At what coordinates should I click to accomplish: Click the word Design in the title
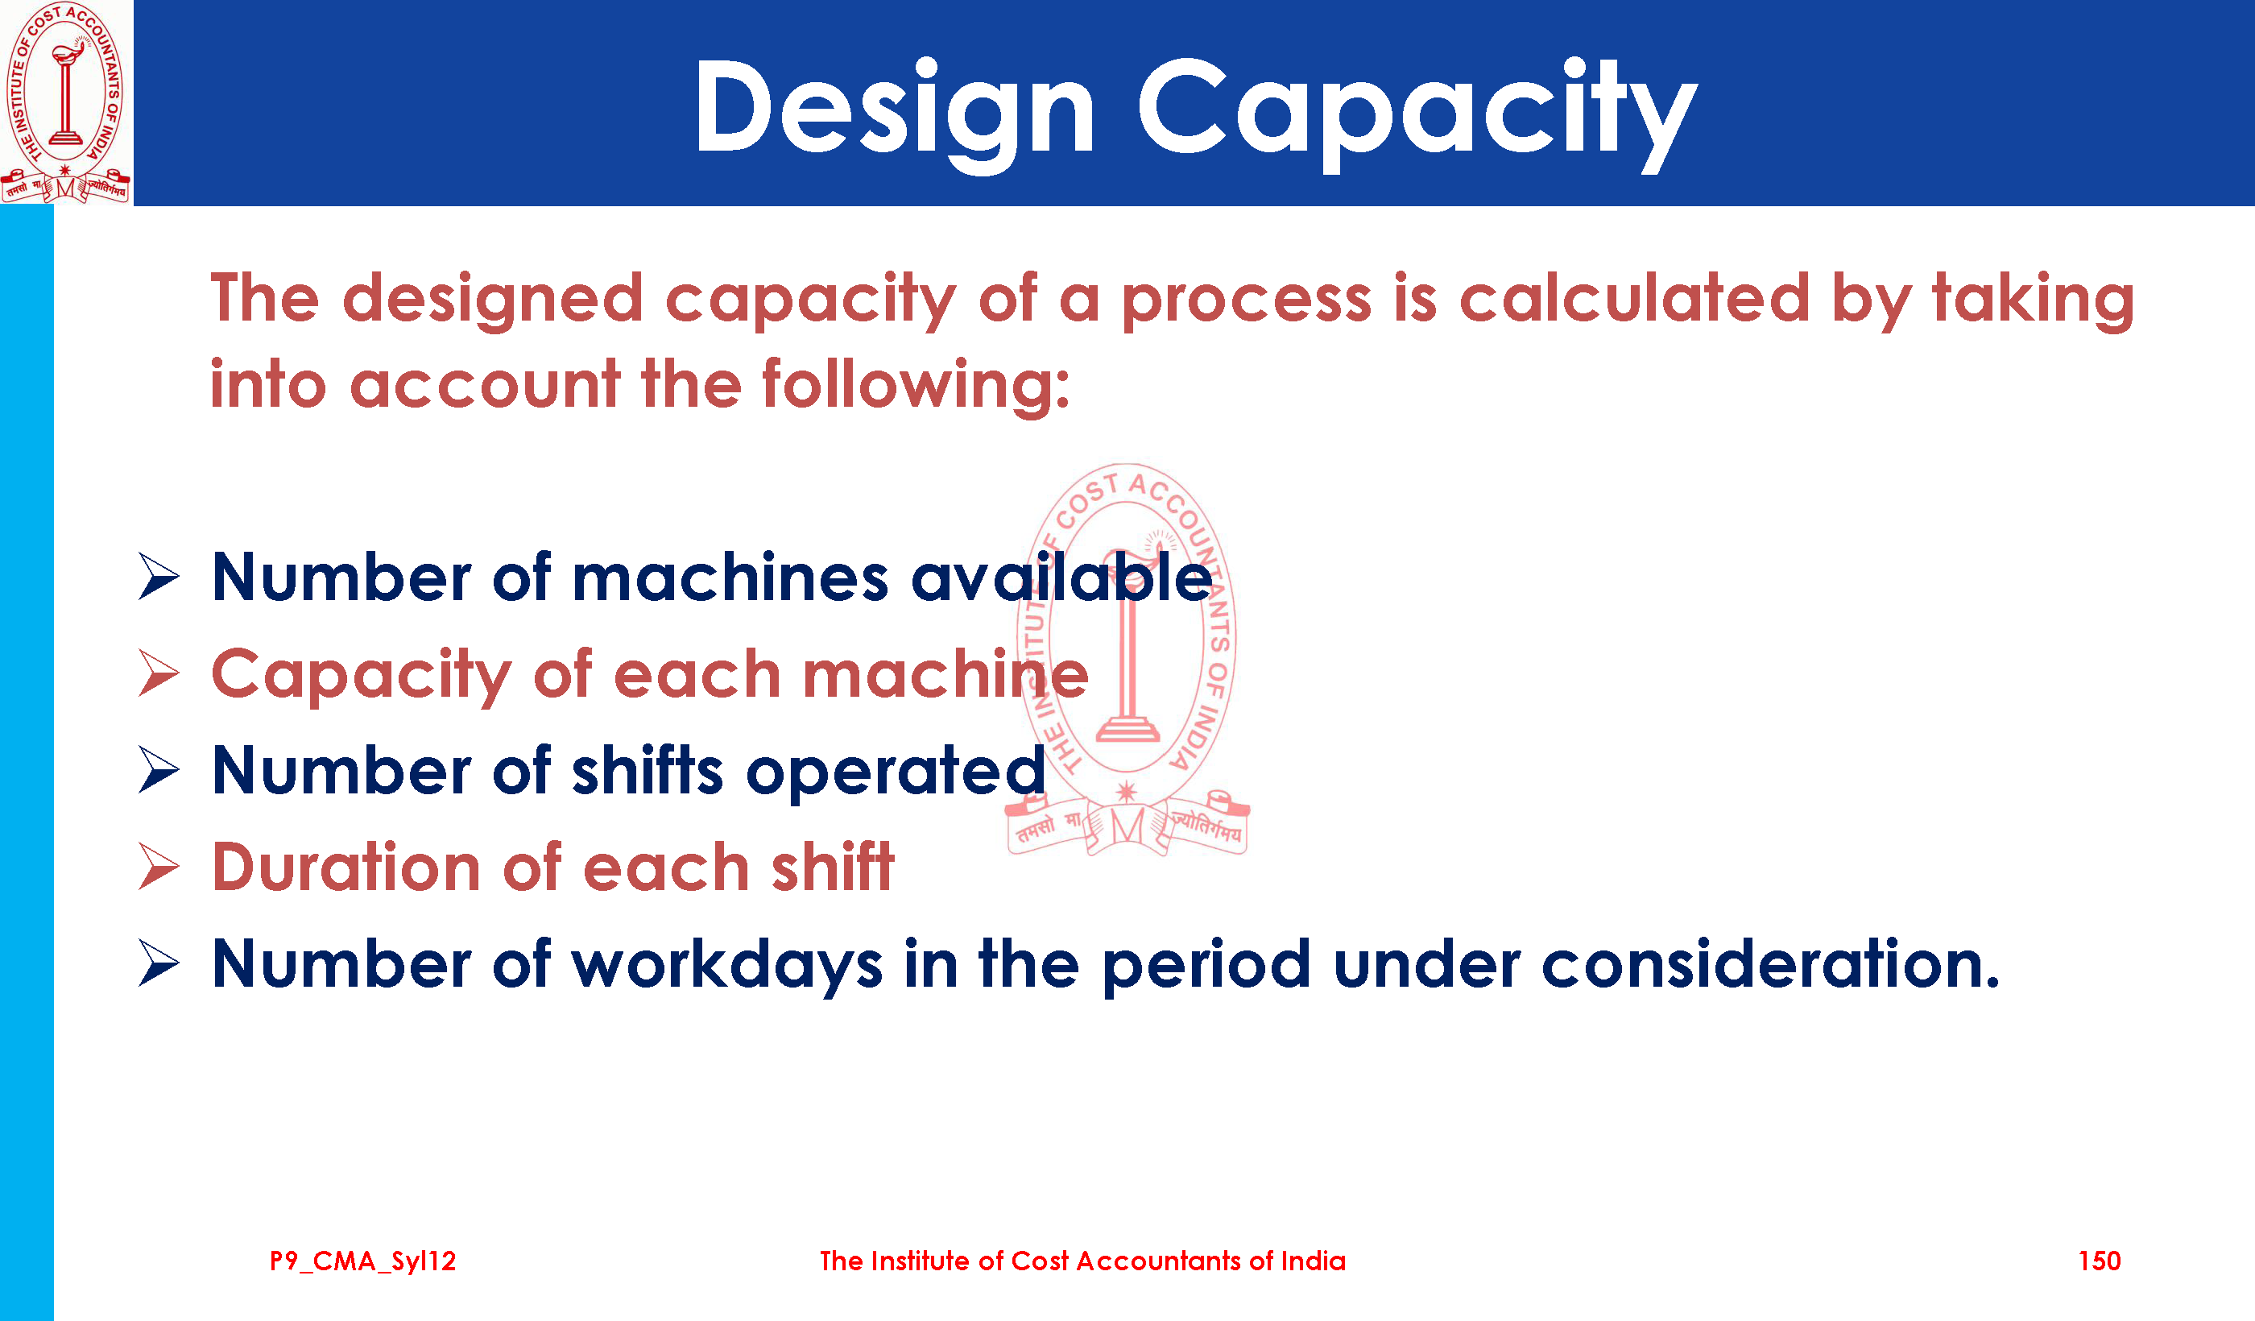click(x=894, y=114)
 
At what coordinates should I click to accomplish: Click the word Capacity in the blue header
click(x=1417, y=114)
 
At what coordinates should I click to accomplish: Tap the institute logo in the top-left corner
click(x=66, y=102)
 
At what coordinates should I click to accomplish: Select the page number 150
click(x=2100, y=1261)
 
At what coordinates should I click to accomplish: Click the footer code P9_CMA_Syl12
click(x=362, y=1262)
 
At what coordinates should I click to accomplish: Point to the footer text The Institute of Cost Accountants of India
click(x=1082, y=1261)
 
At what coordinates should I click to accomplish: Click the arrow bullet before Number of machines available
click(x=159, y=577)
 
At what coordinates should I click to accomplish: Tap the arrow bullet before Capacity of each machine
click(x=159, y=673)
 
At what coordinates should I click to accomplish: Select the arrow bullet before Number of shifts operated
click(x=159, y=770)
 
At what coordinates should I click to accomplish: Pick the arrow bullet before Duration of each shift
click(x=159, y=868)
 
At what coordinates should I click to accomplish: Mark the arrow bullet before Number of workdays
click(x=159, y=964)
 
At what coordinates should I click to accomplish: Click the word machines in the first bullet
click(x=730, y=579)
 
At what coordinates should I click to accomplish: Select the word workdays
click(x=727, y=967)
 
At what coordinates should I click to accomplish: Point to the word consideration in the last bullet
click(x=1771, y=965)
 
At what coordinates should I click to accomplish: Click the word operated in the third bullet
click(x=896, y=772)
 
